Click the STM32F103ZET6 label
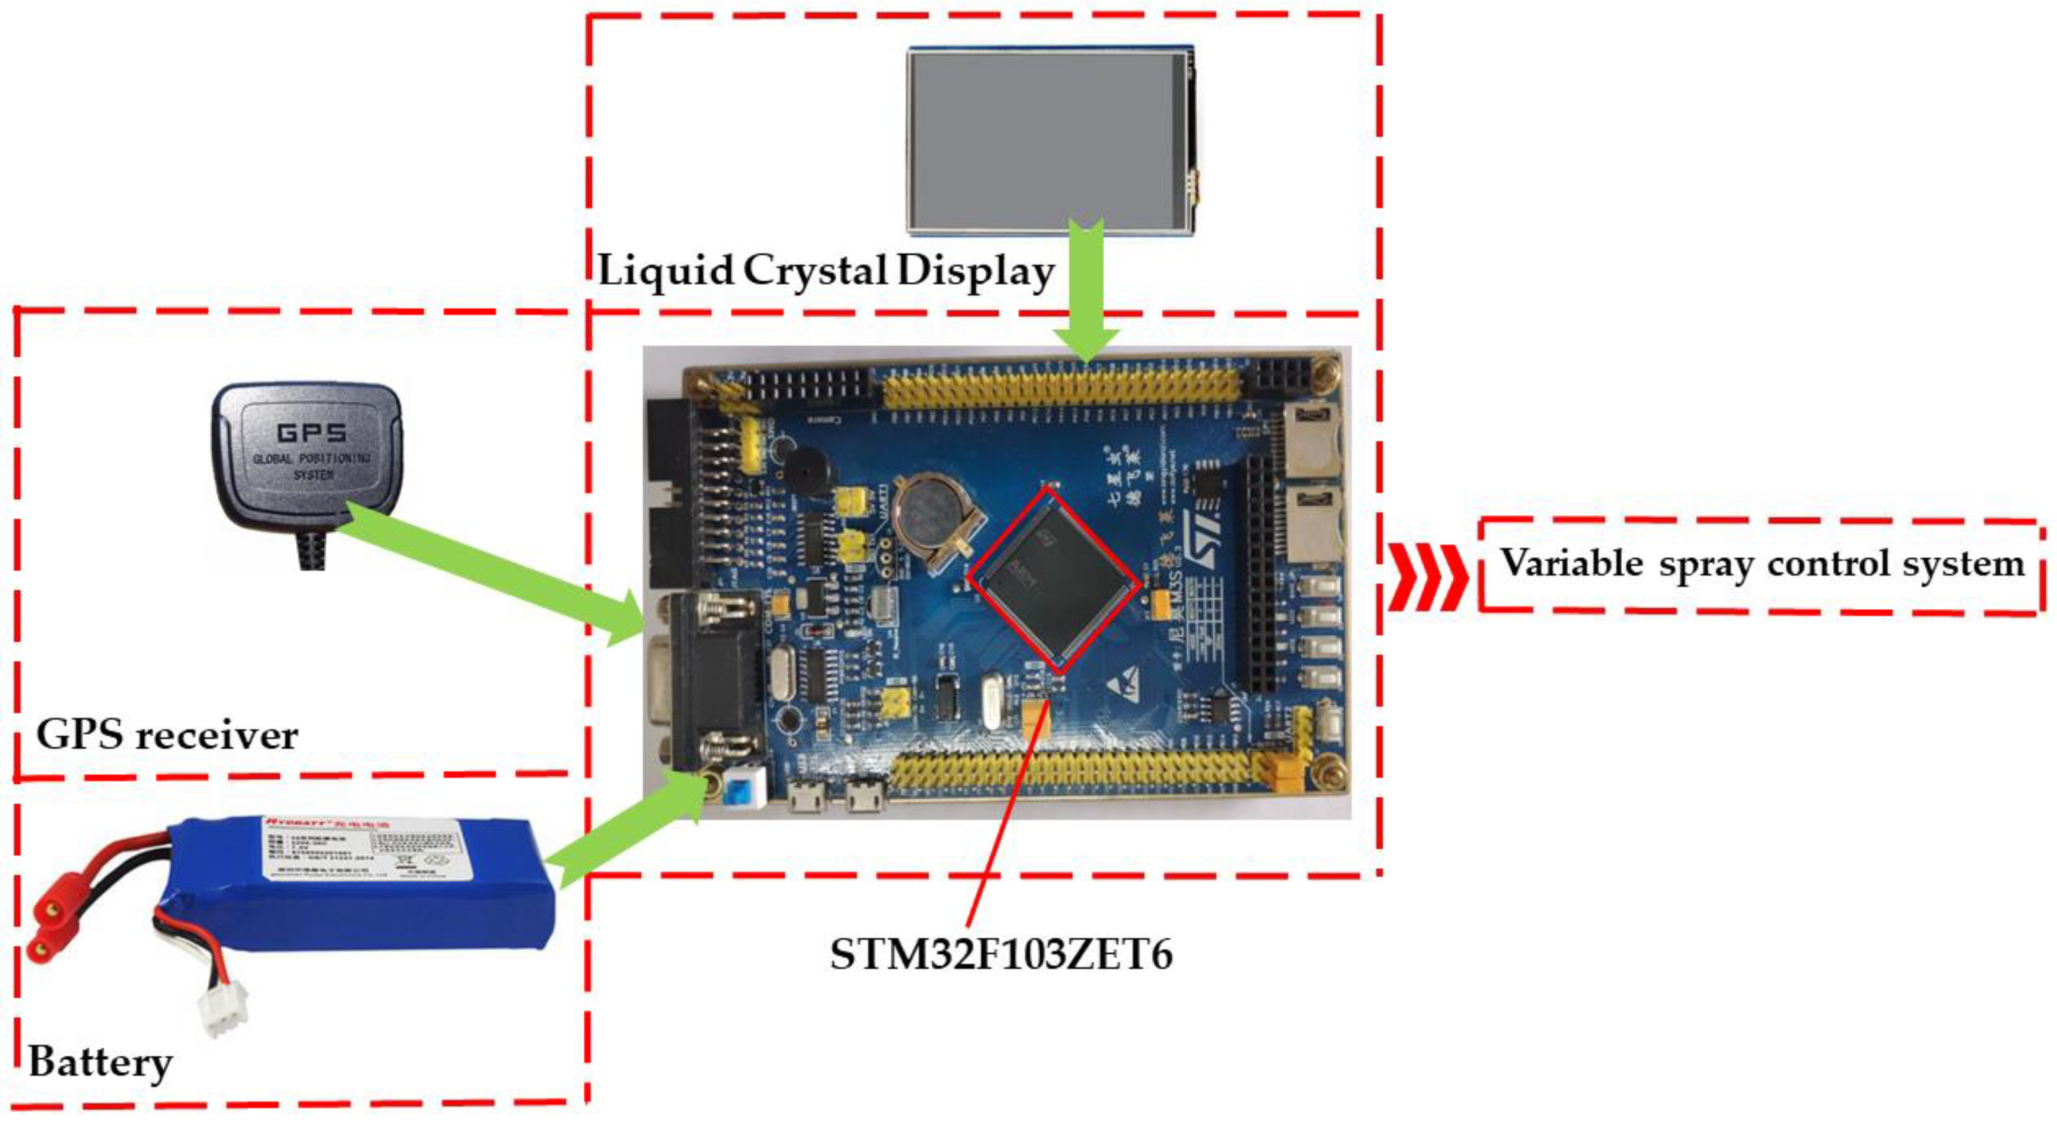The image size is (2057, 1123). tap(1001, 954)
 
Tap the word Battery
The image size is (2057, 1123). tap(101, 1063)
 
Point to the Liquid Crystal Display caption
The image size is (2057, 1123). tap(825, 271)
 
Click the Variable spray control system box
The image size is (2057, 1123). tap(1762, 566)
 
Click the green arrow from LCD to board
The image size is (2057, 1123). tap(1086, 296)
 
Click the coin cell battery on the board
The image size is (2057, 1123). tap(931, 511)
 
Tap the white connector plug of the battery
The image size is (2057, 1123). tap(224, 1009)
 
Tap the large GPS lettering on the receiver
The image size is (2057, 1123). tap(312, 434)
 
